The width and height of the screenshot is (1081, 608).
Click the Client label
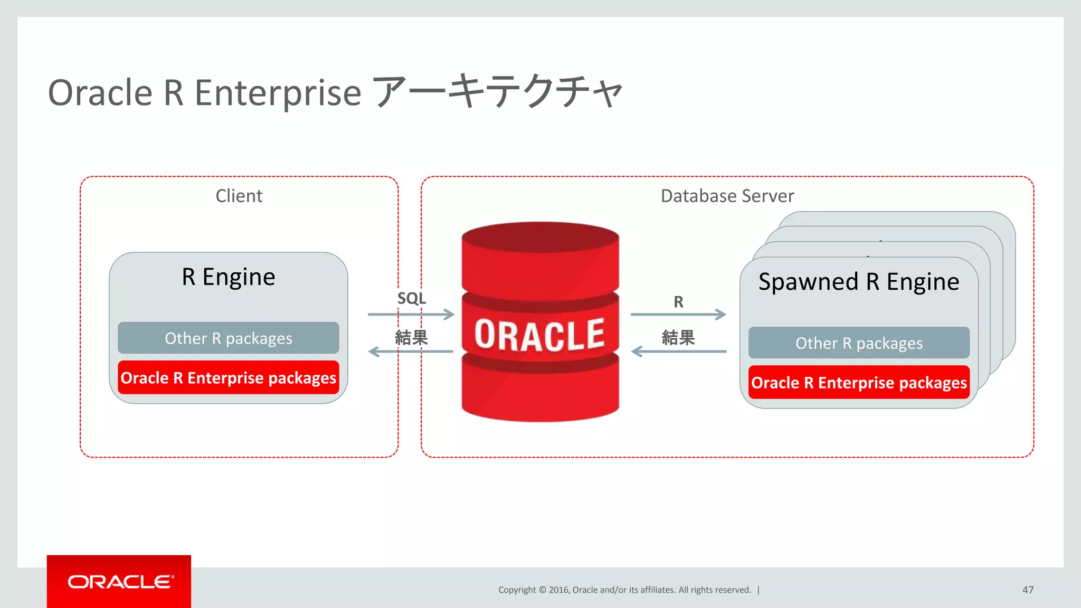tap(239, 196)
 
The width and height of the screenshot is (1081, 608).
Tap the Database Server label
tap(727, 196)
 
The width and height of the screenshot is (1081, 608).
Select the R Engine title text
tap(228, 277)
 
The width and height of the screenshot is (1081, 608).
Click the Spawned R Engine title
tap(858, 282)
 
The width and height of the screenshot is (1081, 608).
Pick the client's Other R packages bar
tap(228, 338)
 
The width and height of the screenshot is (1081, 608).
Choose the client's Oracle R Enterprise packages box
tap(228, 378)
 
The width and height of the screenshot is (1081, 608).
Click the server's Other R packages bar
tap(858, 343)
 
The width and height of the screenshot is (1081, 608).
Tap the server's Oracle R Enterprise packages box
tap(858, 383)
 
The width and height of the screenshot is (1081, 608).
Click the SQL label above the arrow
tap(411, 298)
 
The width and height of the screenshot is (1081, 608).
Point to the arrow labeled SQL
tap(411, 315)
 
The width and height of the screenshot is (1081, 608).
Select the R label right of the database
tap(678, 302)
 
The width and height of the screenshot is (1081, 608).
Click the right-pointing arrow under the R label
tap(678, 315)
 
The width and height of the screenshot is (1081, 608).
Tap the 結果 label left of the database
tap(411, 337)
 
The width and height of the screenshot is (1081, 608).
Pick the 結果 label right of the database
tap(678, 337)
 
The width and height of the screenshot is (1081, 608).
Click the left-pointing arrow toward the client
tap(411, 351)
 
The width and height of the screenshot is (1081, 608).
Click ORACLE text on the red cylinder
tap(539, 335)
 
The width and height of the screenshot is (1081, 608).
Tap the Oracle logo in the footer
tap(119, 582)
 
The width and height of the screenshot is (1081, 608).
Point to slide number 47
tap(1028, 590)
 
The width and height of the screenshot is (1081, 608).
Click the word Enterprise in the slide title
tap(278, 93)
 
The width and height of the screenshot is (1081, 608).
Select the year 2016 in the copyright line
tap(558, 590)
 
